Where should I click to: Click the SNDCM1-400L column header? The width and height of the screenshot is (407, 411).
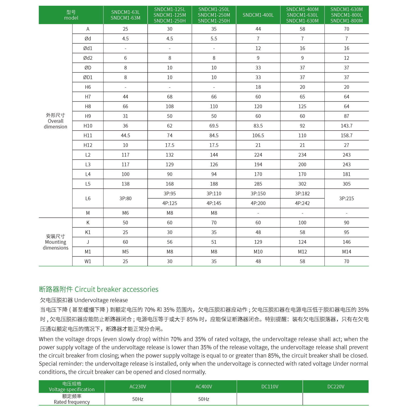point(258,15)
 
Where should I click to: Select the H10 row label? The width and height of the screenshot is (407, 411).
point(88,126)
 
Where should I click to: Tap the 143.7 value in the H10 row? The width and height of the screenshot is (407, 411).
point(346,126)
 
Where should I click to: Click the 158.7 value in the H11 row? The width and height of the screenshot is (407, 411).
point(346,136)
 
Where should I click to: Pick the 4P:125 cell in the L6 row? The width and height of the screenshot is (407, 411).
point(170,203)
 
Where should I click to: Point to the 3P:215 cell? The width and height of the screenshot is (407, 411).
point(346,199)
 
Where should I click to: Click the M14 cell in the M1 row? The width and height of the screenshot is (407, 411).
point(346,252)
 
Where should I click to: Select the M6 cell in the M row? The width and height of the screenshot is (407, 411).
point(125,213)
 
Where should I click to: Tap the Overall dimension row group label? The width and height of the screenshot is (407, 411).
point(55,121)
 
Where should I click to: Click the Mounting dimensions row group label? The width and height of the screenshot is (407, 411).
point(55,242)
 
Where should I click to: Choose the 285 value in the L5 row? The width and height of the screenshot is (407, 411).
point(258,184)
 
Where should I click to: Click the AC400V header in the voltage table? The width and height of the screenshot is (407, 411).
point(203,386)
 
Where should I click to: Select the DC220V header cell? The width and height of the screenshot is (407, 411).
point(335,386)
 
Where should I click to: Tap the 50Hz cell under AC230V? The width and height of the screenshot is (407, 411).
point(138,399)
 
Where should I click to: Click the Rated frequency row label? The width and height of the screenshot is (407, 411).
point(72,399)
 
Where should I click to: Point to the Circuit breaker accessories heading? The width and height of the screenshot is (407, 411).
point(99,289)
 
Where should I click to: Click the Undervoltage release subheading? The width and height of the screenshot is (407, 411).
point(84,300)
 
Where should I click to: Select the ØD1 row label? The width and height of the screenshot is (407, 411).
point(88,77)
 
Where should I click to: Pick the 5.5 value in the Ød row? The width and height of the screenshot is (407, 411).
point(214,39)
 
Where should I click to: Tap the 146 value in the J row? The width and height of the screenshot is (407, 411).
point(346,242)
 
